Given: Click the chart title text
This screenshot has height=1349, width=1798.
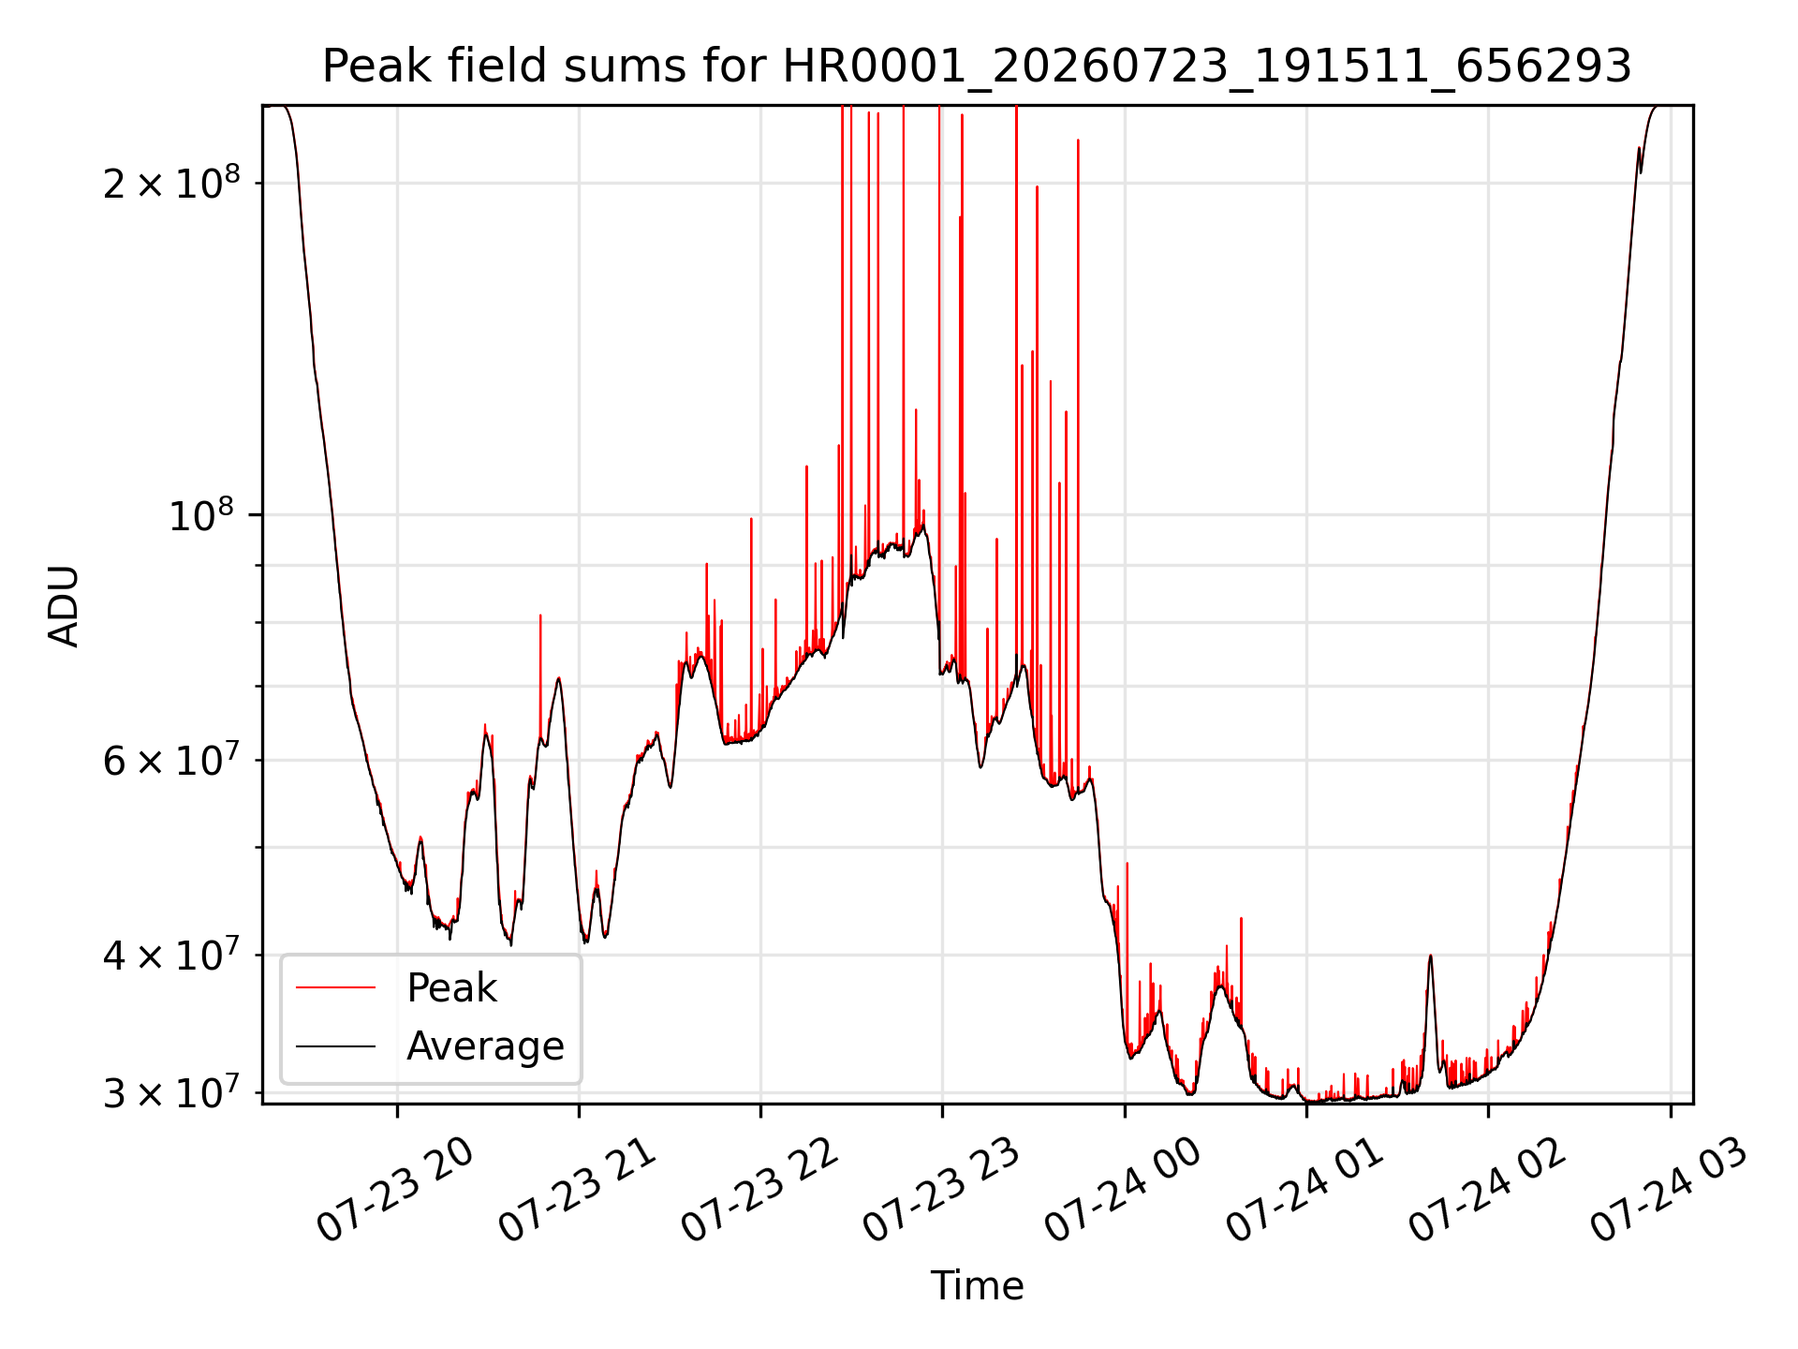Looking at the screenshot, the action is coord(977,67).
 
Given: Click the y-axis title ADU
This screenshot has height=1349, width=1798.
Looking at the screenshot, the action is coord(64,605).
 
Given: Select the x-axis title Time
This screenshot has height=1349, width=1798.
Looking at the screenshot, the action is coord(977,1285).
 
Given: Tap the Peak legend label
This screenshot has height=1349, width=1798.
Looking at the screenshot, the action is coord(451,988).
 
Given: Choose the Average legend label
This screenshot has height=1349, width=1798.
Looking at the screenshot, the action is coord(485,1046).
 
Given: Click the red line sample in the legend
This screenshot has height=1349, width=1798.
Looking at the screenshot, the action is coord(335,987).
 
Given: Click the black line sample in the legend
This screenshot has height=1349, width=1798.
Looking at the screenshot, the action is coord(335,1045).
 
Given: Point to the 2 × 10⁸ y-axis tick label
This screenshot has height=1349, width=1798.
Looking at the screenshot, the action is coord(171,182).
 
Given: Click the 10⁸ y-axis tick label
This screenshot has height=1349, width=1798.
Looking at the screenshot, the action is coord(204,514).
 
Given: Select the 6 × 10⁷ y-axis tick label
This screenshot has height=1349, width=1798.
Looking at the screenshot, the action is coord(171,760).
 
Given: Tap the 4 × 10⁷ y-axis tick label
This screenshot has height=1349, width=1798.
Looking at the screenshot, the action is coord(171,955).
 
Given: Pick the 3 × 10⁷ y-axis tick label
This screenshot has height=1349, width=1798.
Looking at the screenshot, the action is coord(171,1092).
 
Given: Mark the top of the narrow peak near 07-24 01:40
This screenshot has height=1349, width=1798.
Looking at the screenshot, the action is coord(1430,955).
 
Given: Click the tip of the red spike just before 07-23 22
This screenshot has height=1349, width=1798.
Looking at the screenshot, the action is coord(751,518).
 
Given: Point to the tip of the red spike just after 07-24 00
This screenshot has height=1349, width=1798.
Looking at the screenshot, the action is coord(1127,863).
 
